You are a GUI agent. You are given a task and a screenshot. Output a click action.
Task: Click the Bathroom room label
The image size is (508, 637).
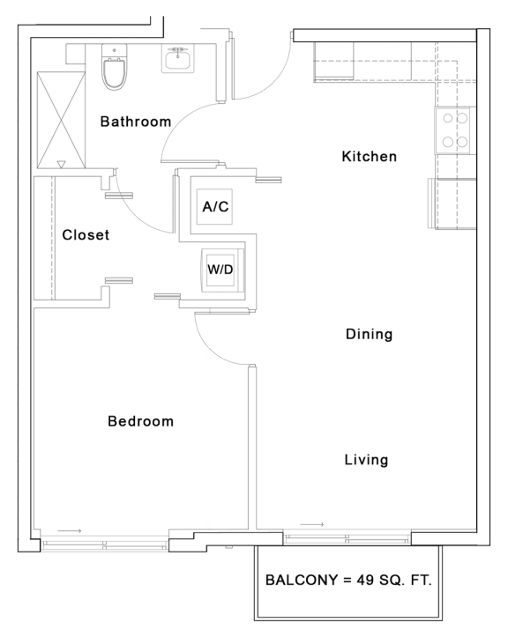tap(135, 122)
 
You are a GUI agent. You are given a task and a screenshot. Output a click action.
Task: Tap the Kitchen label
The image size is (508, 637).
tap(370, 157)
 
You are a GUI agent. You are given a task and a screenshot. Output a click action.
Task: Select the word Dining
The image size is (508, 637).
tap(369, 335)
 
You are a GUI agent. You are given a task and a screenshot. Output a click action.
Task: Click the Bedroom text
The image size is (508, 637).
tap(140, 421)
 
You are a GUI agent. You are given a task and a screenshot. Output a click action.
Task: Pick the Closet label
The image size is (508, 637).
tap(86, 235)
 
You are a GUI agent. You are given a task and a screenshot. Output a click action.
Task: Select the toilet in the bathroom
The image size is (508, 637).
tap(114, 70)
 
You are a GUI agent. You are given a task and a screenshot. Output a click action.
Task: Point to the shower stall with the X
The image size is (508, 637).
tap(60, 117)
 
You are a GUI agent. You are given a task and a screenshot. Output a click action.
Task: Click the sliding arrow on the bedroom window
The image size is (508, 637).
tap(70, 531)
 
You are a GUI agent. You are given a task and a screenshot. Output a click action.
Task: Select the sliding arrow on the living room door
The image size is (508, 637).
tap(311, 525)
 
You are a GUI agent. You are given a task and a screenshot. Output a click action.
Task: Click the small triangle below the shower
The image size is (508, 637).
tap(61, 165)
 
